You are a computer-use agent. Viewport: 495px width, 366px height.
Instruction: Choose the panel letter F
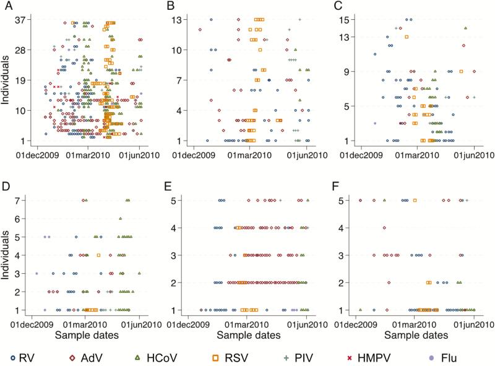pos(337,185)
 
